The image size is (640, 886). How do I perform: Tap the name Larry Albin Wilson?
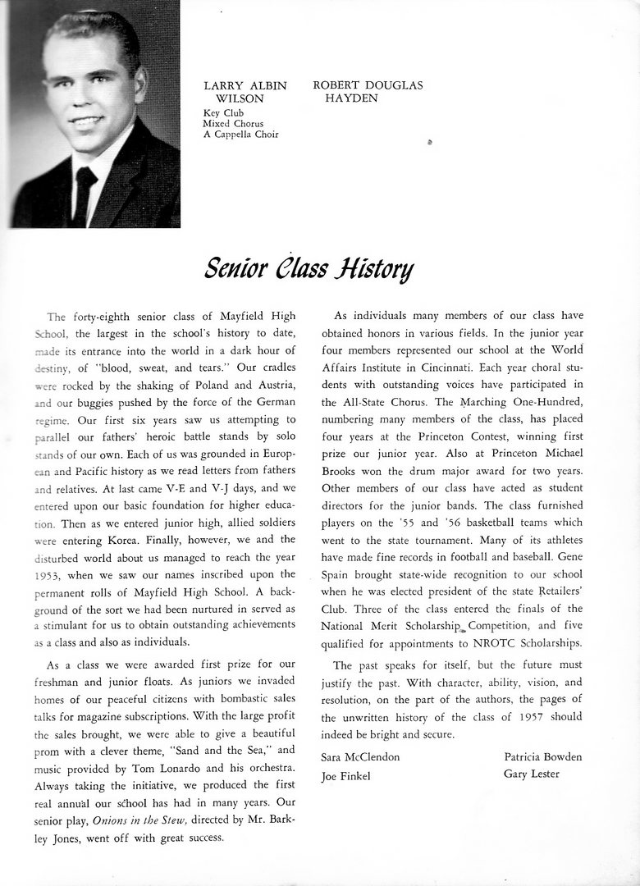click(245, 92)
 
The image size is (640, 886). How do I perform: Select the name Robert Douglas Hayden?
click(356, 92)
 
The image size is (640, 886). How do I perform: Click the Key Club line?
click(223, 113)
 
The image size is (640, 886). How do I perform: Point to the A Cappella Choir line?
click(240, 135)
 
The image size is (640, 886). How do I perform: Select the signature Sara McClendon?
click(361, 756)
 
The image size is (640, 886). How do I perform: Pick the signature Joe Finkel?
click(347, 775)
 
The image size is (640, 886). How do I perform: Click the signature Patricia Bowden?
click(542, 756)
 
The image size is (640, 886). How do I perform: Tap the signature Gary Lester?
click(532, 774)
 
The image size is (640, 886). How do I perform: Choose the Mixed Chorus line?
click(234, 124)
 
